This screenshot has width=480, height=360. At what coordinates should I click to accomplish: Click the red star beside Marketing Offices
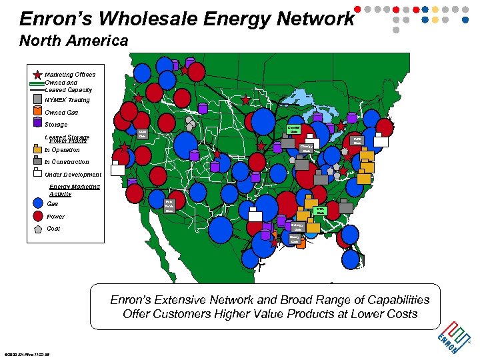click(37, 75)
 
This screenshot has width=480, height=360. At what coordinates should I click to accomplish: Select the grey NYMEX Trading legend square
click(37, 99)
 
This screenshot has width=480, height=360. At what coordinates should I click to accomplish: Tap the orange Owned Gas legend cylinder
click(37, 111)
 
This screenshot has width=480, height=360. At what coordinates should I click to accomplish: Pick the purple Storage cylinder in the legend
click(37, 124)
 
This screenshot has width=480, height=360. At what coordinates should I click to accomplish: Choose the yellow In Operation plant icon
click(37, 149)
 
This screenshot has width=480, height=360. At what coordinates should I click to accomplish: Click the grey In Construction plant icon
click(37, 161)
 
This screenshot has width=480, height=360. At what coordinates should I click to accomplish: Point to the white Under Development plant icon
click(37, 174)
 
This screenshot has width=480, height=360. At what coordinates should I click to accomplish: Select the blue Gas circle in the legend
click(37, 204)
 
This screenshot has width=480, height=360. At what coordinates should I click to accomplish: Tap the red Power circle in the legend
click(37, 216)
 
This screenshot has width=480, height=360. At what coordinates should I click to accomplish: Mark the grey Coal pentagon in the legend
click(37, 228)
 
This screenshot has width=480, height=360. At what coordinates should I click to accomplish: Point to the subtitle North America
click(73, 41)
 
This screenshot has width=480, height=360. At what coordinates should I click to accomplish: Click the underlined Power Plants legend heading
click(69, 141)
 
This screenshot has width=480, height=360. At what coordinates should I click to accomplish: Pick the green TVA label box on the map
click(320, 211)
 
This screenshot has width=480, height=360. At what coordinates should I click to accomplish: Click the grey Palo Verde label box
click(169, 205)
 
